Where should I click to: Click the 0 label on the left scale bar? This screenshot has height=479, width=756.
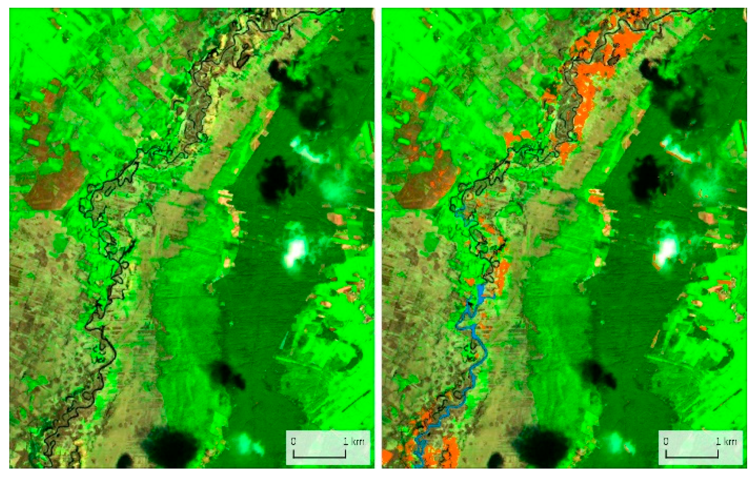(293, 441)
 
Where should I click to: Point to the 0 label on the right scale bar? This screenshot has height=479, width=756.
(666, 441)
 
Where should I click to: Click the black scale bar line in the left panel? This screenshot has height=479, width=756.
(319, 457)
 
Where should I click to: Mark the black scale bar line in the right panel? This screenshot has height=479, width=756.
(692, 457)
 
